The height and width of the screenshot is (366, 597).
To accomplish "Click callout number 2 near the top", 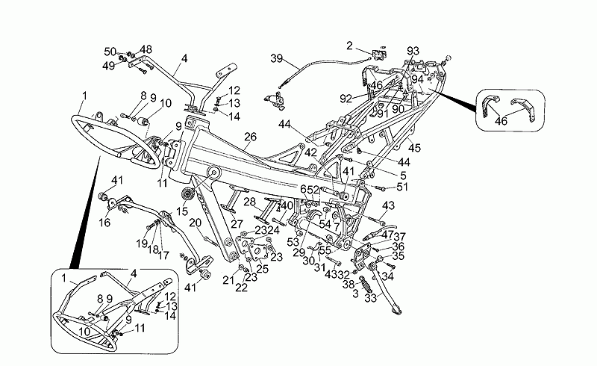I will click(349, 46).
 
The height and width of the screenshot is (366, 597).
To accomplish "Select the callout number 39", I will click(276, 59).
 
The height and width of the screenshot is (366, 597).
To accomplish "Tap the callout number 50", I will click(110, 51).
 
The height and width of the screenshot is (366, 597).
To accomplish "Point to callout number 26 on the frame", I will click(249, 137).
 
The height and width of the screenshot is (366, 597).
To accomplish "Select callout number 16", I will click(105, 222).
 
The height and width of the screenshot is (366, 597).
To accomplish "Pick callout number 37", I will click(399, 236).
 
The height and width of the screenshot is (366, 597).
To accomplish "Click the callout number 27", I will click(237, 223).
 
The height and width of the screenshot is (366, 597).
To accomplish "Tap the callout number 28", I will click(250, 202).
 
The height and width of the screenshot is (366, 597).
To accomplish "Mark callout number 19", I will click(141, 244).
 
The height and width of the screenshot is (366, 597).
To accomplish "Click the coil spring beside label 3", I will click(367, 285).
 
